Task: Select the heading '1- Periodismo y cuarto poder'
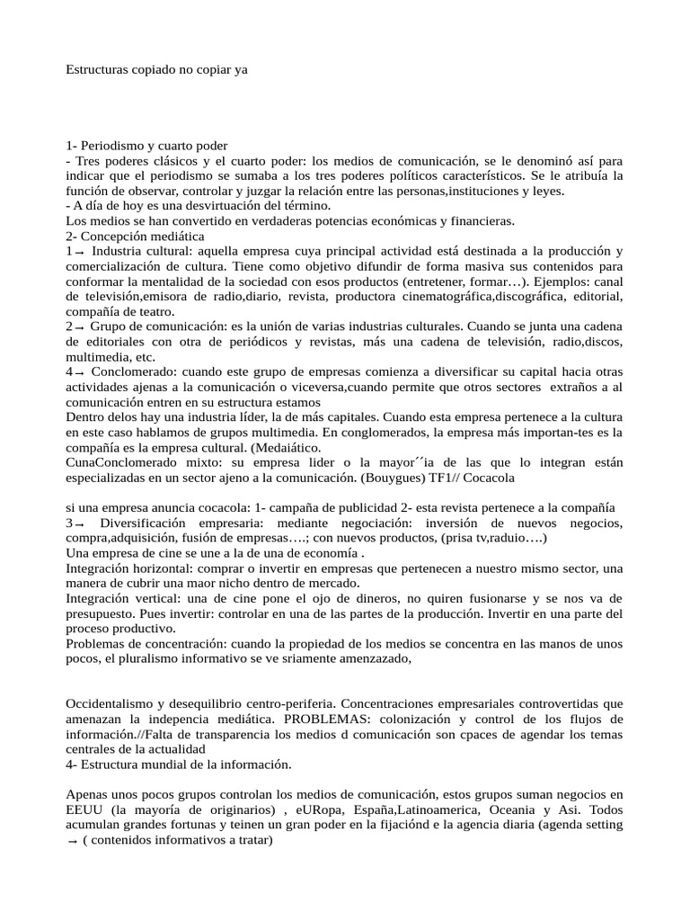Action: tap(147, 145)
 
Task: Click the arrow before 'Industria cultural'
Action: tap(79, 252)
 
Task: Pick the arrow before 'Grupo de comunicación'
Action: tap(79, 327)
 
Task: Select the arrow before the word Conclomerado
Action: tap(79, 372)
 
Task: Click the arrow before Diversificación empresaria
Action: tap(79, 524)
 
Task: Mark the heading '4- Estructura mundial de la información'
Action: tap(180, 765)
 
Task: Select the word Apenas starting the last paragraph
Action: tap(89, 794)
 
